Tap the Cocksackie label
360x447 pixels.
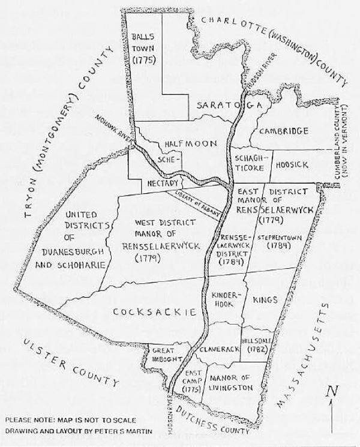click(155, 311)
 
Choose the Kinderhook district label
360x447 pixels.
click(223, 301)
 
